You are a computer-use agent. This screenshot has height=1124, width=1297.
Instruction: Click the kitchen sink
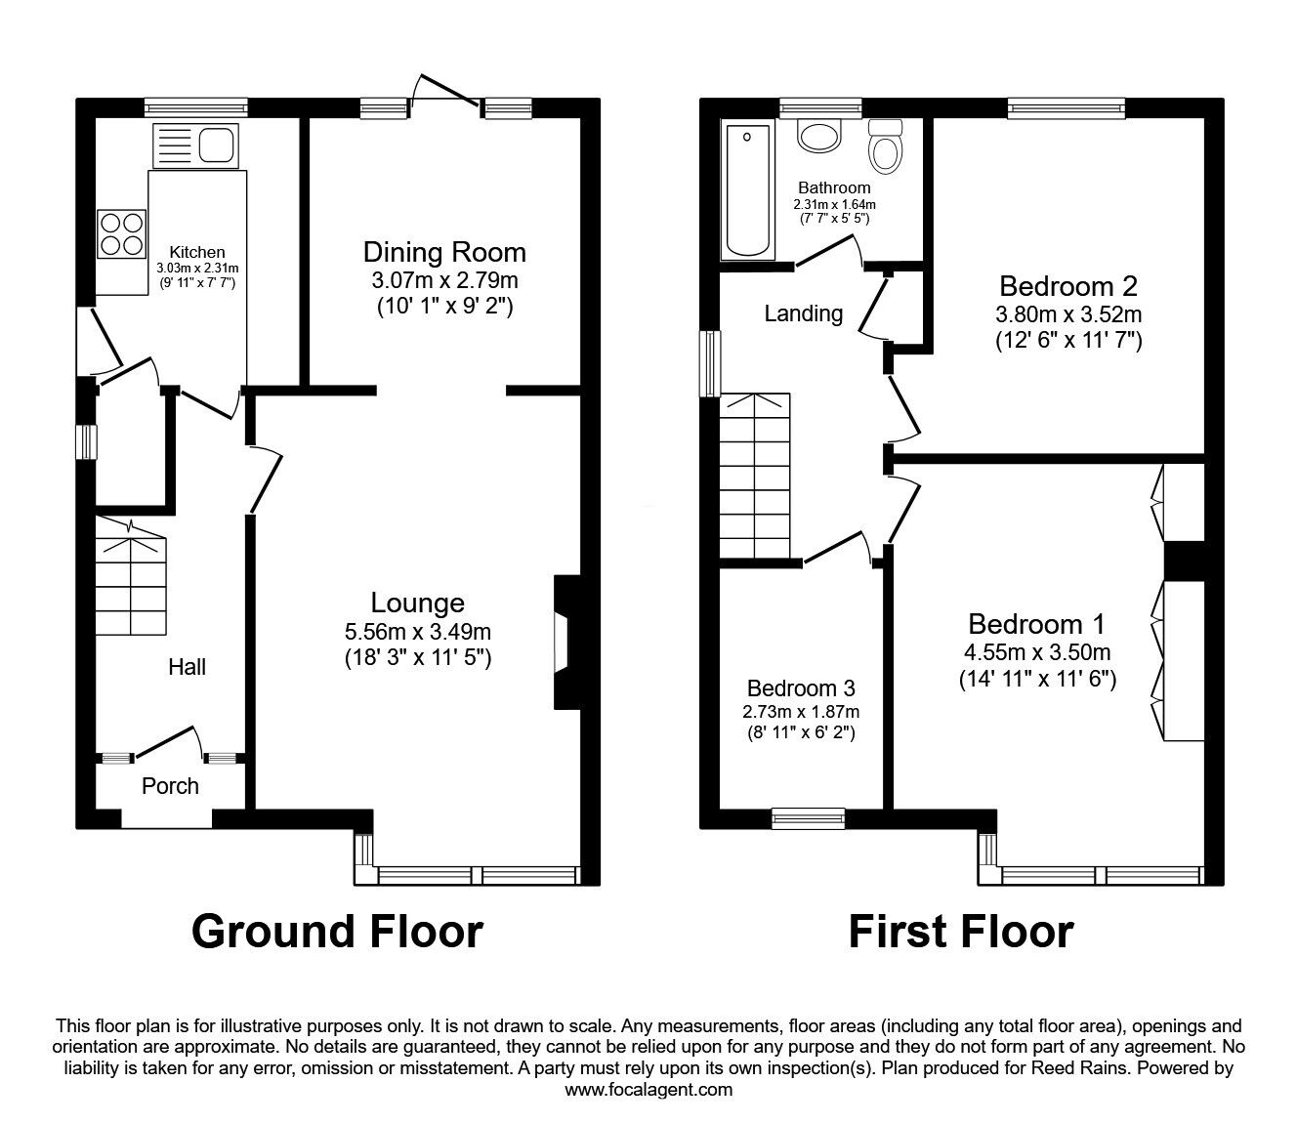195,146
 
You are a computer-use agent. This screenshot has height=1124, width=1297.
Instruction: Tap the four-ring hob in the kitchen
122,234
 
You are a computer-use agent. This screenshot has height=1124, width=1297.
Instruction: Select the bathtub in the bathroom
747,190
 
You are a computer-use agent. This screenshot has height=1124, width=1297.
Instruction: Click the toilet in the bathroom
886,146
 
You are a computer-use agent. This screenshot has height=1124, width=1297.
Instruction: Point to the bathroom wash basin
818,136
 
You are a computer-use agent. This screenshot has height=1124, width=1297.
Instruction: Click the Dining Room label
444,252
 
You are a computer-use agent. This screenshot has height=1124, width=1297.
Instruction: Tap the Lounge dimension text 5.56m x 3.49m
418,631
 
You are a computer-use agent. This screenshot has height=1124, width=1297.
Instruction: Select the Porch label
170,786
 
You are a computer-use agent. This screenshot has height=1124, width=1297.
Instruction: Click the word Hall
187,667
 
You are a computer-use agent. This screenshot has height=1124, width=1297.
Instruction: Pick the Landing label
803,313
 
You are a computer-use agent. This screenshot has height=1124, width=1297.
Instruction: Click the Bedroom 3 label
801,688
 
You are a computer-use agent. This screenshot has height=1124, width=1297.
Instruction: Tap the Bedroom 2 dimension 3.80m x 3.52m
1068,313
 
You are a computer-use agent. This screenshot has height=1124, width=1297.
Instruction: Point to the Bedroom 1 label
1036,624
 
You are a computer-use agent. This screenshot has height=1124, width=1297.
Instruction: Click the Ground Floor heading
338,932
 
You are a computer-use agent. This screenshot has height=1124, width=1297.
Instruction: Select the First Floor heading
961,932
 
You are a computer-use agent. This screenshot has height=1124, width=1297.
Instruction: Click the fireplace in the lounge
567,643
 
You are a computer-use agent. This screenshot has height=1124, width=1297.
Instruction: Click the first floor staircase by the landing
755,476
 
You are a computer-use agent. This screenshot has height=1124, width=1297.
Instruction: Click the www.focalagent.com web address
648,1090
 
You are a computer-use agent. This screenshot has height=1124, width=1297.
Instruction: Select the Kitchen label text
197,252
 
